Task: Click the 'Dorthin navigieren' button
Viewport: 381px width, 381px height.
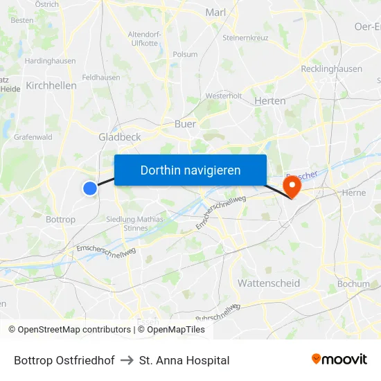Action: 190,170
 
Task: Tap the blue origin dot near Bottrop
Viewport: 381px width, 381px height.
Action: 89,188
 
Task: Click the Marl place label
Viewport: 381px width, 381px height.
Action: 216,12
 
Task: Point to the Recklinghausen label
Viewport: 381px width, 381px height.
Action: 332,69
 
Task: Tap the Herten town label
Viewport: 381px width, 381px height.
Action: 270,100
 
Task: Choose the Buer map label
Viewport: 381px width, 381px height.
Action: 185,124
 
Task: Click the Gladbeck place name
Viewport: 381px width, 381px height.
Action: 120,137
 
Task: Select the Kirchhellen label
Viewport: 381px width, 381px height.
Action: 51,85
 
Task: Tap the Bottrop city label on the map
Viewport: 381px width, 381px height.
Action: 60,220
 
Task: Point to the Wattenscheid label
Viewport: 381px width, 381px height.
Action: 269,283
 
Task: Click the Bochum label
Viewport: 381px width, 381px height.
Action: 353,284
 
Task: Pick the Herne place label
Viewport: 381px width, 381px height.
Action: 353,193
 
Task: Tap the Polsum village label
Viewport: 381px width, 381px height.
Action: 185,54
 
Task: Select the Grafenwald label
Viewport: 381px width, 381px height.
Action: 33,137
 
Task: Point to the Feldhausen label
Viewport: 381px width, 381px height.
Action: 100,78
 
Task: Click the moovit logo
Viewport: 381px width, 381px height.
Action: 339,360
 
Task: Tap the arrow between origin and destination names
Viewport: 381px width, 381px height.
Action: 127,360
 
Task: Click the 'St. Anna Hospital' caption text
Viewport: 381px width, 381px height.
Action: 184,360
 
